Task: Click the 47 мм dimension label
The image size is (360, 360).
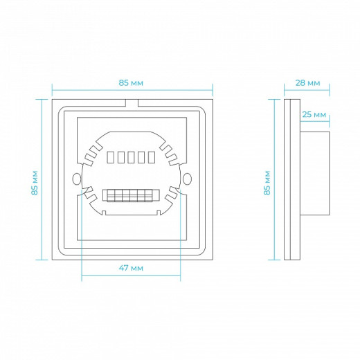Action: click(131, 268)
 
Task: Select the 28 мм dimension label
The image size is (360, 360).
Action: click(308, 83)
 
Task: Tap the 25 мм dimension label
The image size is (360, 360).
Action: click(314, 114)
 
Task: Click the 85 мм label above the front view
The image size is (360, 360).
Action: click(131, 83)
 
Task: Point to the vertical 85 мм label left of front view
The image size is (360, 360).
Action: click(35, 183)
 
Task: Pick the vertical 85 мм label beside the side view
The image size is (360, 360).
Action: click(267, 183)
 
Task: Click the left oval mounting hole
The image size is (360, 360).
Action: click(77, 179)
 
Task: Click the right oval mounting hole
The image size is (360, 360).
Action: click(187, 179)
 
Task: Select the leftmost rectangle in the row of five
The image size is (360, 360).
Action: click(110, 157)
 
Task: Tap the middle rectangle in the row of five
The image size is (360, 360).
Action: click(131, 157)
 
